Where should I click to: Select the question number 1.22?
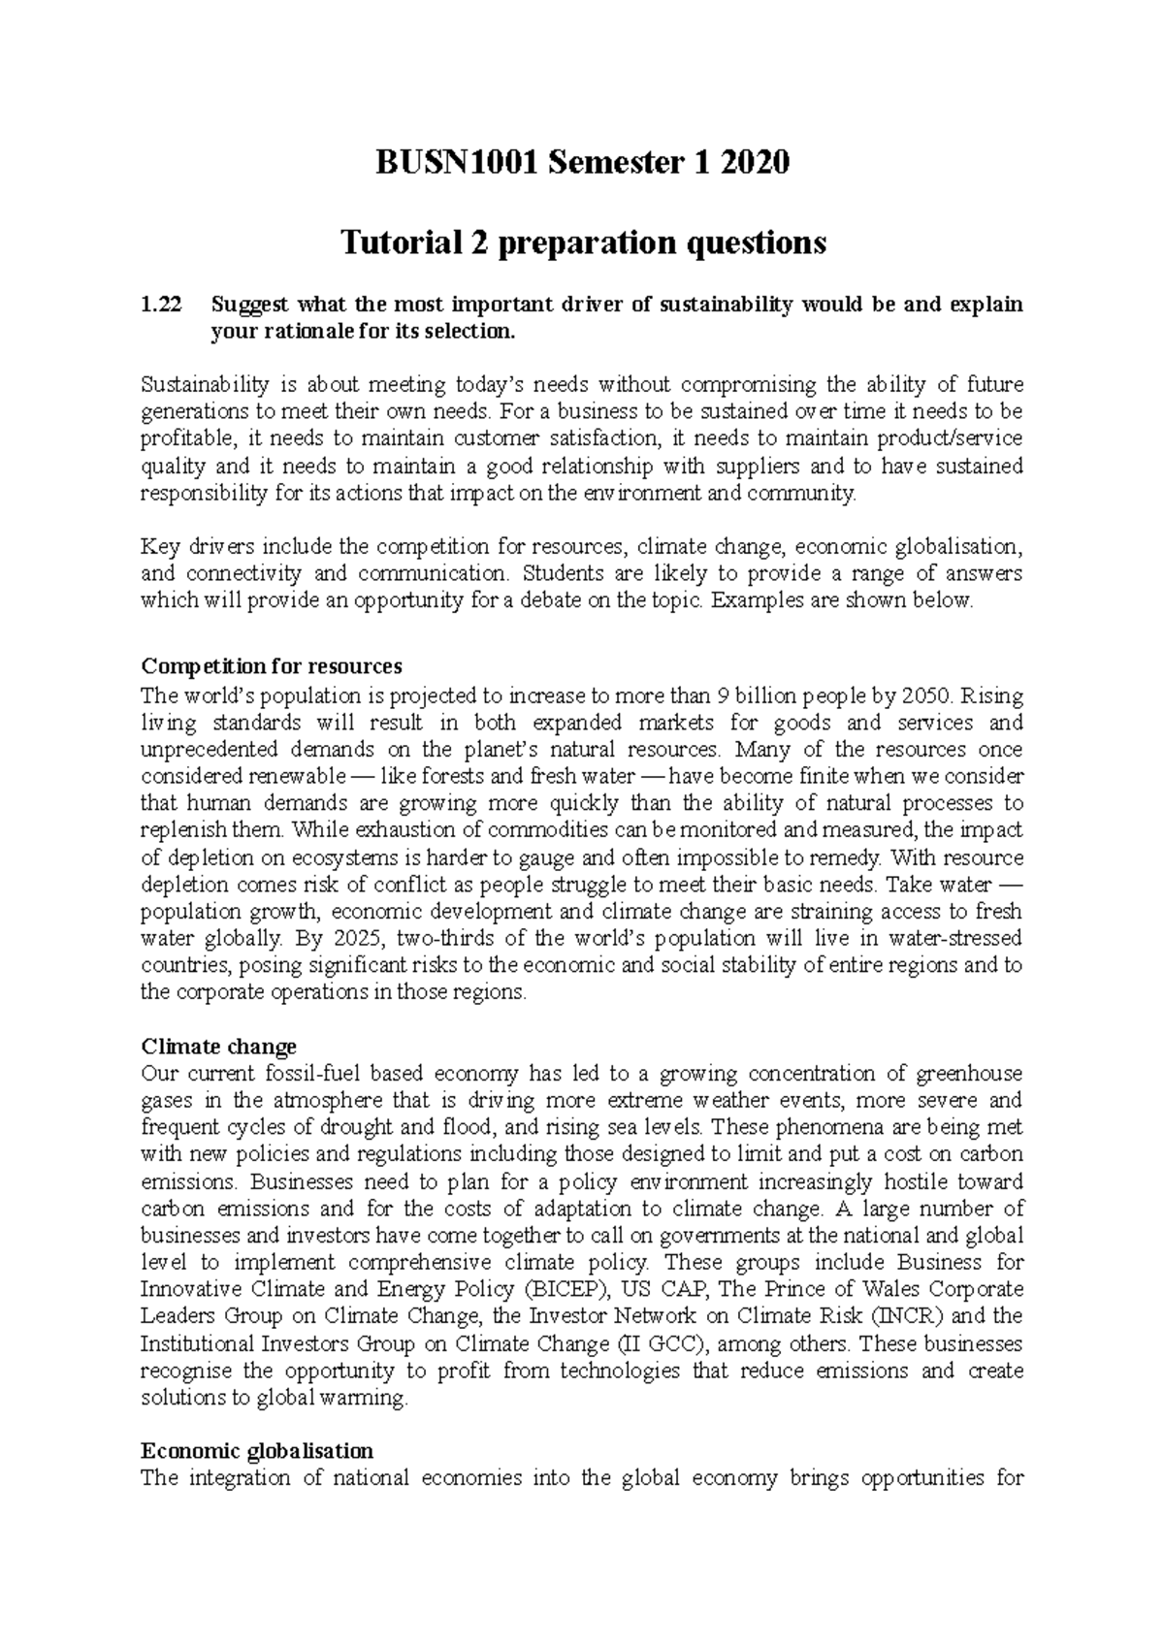click(161, 305)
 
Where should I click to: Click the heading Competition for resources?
click(271, 667)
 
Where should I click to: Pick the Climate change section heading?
click(218, 1047)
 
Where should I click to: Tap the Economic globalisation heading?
click(257, 1451)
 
